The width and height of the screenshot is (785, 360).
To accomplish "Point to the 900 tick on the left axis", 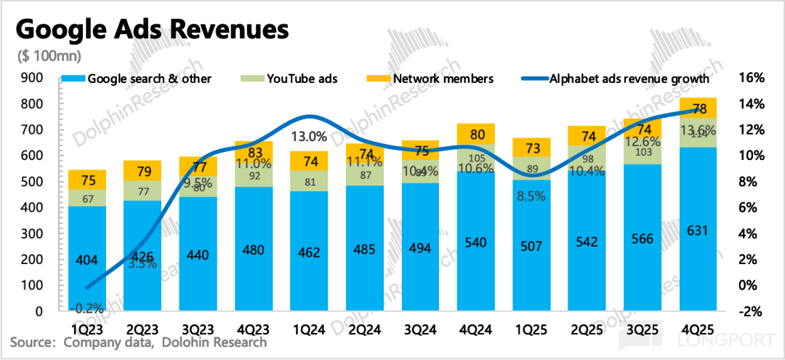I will [34, 77].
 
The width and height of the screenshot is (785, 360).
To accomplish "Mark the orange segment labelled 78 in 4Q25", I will [698, 108].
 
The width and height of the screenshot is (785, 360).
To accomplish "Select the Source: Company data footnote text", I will [138, 342].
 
